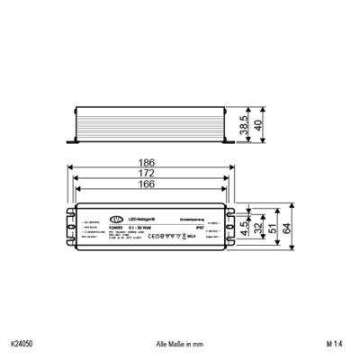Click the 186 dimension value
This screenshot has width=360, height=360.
[147, 163]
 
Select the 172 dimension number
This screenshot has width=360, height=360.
[147, 174]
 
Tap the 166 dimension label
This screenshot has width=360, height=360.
[147, 184]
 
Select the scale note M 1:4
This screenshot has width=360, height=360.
[334, 343]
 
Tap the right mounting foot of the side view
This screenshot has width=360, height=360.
[228, 141]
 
